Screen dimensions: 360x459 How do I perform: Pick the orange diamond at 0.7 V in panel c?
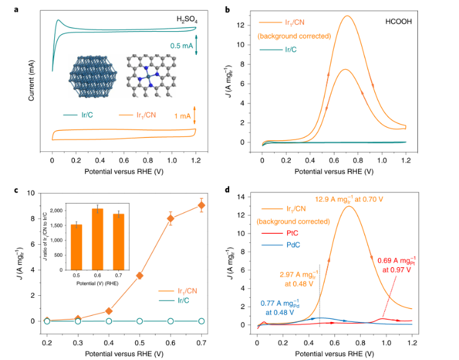(201, 205)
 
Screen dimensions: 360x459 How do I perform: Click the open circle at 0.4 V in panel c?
(109, 321)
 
